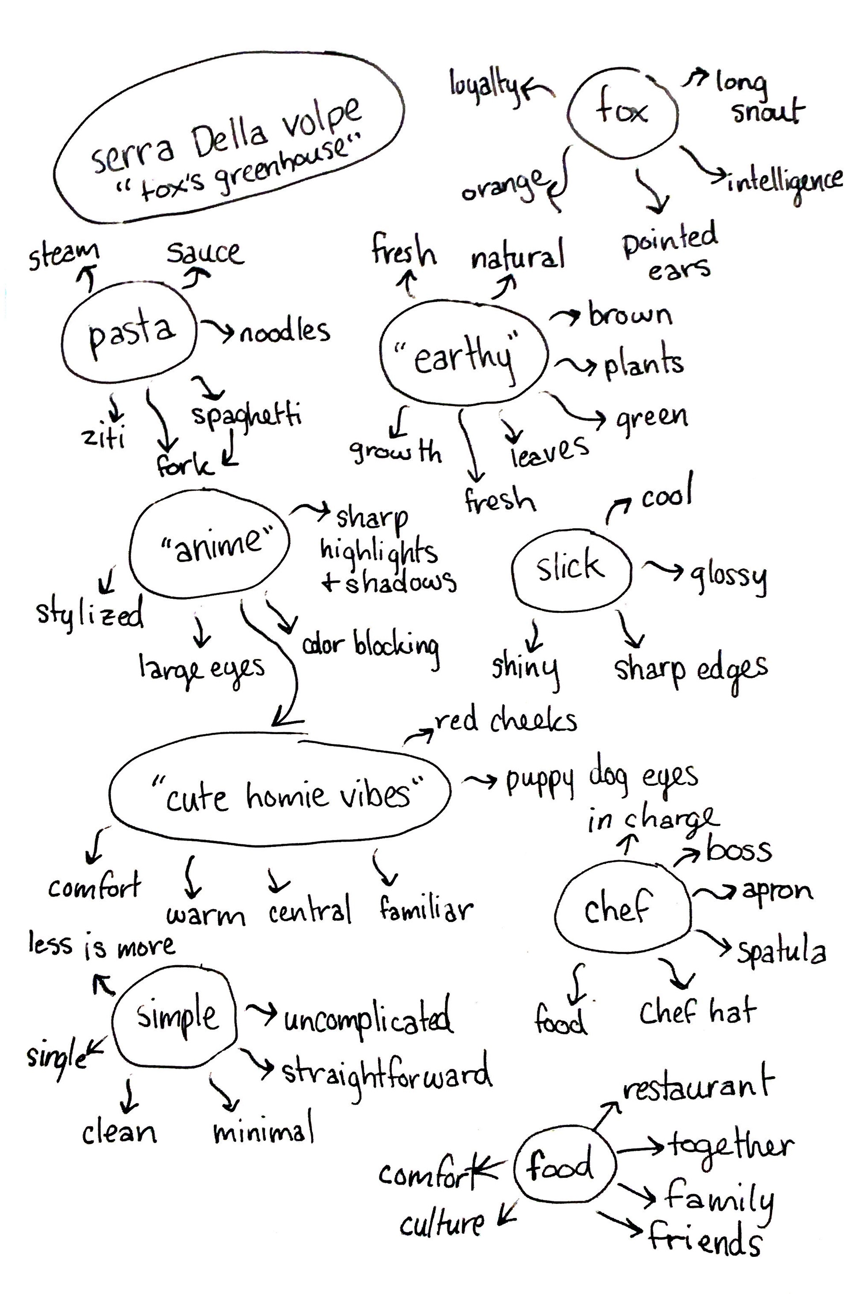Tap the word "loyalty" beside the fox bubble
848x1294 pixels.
(x=484, y=87)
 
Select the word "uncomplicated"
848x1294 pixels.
(x=367, y=1017)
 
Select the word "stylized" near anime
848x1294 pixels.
(x=90, y=614)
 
